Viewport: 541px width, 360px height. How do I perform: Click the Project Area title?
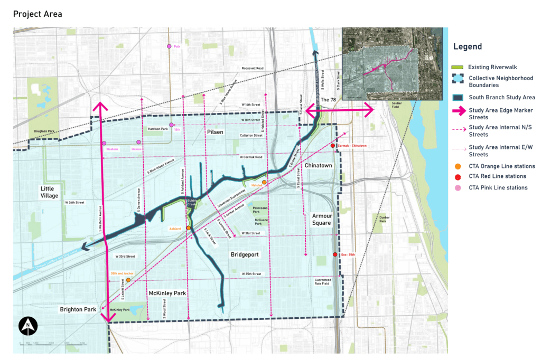38,14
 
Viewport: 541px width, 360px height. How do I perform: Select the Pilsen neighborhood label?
214,131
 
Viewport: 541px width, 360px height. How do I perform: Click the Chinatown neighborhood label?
319,166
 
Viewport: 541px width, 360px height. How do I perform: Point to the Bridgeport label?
245,254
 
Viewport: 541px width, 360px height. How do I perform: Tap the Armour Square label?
321,219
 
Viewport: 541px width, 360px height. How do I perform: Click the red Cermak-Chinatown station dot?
333,146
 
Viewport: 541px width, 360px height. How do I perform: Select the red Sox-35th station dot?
335,255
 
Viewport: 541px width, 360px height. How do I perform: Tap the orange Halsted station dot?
264,182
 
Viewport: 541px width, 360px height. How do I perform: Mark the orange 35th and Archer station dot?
128,280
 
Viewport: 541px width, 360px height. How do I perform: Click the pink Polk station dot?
169,46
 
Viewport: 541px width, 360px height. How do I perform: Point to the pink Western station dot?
104,143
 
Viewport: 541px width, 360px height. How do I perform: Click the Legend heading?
468,46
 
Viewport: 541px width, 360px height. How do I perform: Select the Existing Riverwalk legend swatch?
458,68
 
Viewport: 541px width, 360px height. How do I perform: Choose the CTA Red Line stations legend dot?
458,176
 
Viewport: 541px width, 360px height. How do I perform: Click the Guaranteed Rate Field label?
322,281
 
